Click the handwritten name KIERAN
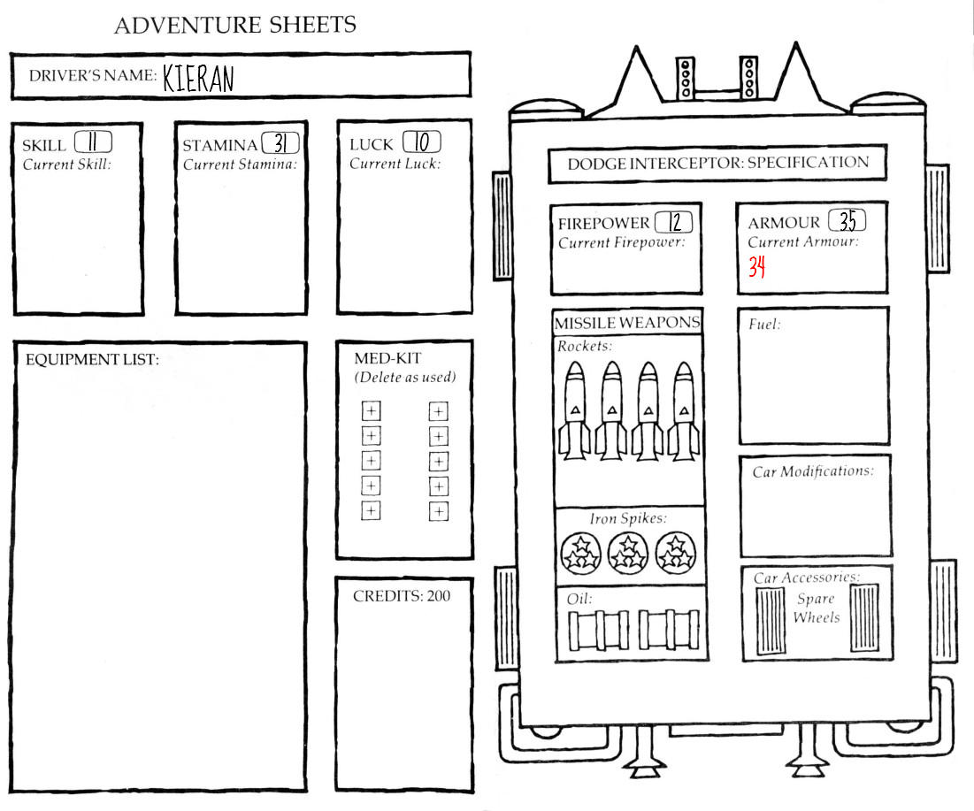tap(198, 79)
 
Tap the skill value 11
tap(93, 142)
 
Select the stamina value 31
tap(280, 143)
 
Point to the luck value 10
tap(422, 142)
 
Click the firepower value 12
tap(675, 222)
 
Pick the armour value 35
tap(847, 220)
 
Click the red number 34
tap(756, 267)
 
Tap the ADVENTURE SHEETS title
tap(234, 25)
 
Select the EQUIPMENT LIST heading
tap(92, 360)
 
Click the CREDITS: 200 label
tap(402, 596)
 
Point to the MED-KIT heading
tap(387, 358)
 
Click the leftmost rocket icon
tap(575, 410)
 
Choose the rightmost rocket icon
tap(683, 410)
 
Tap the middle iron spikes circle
tap(627, 554)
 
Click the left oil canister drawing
tap(598, 631)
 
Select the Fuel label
tap(764, 325)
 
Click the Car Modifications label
tap(812, 471)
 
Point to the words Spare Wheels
tap(817, 608)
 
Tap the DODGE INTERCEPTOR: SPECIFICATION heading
tap(718, 164)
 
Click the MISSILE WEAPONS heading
tap(627, 323)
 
